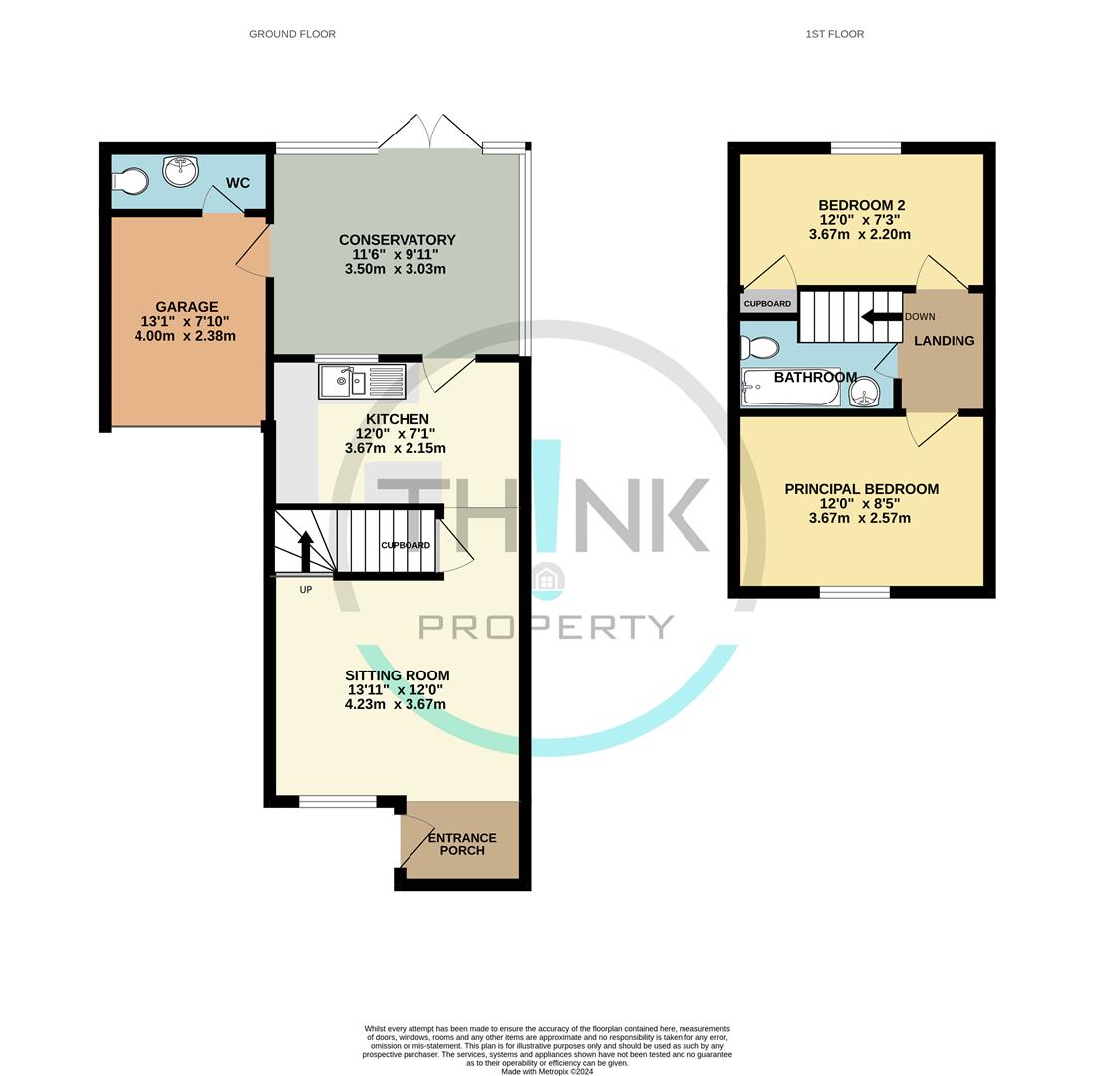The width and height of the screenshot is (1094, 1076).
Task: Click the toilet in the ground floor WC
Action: tap(131, 181)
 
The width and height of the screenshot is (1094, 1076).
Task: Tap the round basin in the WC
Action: tap(180, 171)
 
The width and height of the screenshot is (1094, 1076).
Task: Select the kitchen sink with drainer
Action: tap(362, 382)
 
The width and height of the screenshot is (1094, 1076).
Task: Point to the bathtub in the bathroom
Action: tap(791, 387)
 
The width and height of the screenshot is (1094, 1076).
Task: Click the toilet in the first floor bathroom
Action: tap(761, 348)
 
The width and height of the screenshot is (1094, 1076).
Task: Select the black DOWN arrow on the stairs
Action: tap(881, 317)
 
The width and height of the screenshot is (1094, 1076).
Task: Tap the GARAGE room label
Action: tap(186, 307)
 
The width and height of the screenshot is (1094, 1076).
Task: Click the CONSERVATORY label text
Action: tap(397, 240)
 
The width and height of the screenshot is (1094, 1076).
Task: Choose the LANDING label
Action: tap(944, 341)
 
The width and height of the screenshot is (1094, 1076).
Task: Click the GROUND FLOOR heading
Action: tap(292, 34)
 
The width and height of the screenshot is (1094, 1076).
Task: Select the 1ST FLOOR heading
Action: tap(834, 34)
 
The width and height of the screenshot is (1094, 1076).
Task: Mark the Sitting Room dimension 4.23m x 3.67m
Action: tap(395, 704)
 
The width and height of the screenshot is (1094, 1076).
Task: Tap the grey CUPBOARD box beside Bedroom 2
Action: tap(767, 303)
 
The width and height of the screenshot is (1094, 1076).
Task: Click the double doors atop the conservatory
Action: tap(429, 133)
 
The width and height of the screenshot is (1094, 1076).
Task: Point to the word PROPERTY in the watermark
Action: tap(546, 627)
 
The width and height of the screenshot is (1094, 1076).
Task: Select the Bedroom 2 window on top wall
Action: tap(865, 149)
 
